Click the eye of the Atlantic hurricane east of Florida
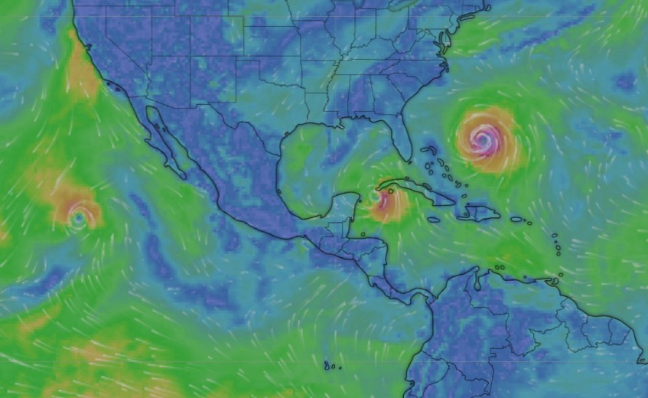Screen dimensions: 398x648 (x=482, y=139)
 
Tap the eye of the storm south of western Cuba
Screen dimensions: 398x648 (x=376, y=197)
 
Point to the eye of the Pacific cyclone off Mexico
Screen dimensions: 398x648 (x=77, y=218)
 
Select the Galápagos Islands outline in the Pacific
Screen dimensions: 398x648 (x=331, y=365)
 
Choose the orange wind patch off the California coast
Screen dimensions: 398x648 (x=82, y=73)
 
